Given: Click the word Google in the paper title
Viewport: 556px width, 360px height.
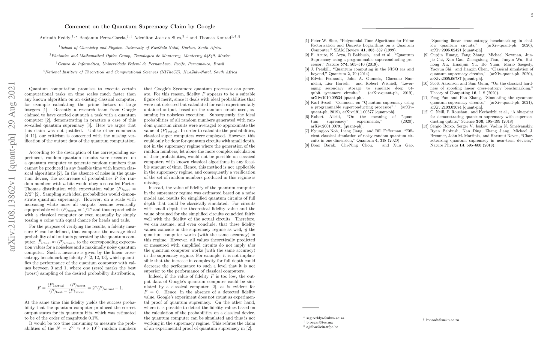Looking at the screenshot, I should pos(206,26).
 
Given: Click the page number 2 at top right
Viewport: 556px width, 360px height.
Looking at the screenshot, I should pos(532,15).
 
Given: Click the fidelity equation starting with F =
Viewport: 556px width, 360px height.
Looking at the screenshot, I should pos(80,288).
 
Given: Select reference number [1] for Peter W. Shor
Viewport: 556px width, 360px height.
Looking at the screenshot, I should pos(307,41).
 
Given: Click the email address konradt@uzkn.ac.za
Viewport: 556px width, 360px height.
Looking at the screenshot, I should pos(442,320).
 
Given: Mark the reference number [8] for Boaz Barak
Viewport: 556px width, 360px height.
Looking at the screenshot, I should pos(307,145).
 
